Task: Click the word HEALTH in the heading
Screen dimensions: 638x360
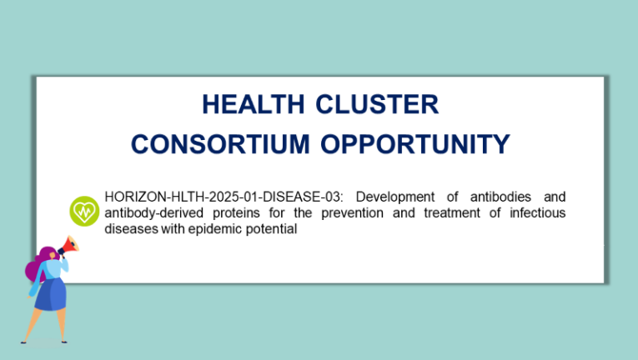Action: pyautogui.click(x=253, y=104)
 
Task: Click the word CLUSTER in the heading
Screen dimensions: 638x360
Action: pyautogui.click(x=377, y=104)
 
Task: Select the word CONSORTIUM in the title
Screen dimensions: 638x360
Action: pyautogui.click(x=220, y=144)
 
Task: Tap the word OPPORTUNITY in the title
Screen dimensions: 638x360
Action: pyautogui.click(x=415, y=144)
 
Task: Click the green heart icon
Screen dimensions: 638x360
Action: pyautogui.click(x=84, y=211)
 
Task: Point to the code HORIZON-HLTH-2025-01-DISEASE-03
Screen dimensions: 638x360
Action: pyautogui.click(x=224, y=197)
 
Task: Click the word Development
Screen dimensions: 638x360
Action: pyautogui.click(x=395, y=197)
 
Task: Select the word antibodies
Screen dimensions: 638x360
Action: pyautogui.click(x=500, y=197)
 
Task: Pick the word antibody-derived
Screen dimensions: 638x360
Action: pyautogui.click(x=153, y=213)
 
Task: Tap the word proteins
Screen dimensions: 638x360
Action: pyautogui.click(x=236, y=213)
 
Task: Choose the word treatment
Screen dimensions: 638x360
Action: pyautogui.click(x=452, y=213)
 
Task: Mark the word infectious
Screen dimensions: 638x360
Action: pyautogui.click(x=537, y=213)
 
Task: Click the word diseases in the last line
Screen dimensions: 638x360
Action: pyautogui.click(x=131, y=229)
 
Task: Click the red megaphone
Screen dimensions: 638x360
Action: pyautogui.click(x=69, y=245)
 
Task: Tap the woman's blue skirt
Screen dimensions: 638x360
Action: pyautogui.click(x=50, y=294)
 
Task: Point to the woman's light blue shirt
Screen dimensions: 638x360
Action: pyautogui.click(x=52, y=272)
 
